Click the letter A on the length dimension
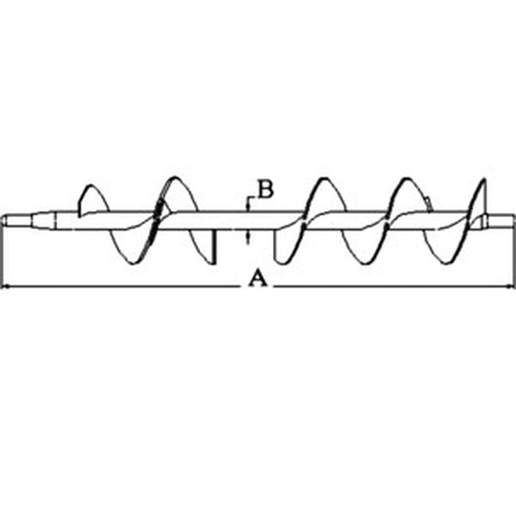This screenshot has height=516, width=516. point(257,278)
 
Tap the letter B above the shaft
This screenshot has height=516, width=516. point(265,189)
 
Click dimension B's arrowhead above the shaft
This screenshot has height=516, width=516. point(247,206)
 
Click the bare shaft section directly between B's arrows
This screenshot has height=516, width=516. point(248,220)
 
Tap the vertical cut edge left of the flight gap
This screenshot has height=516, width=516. point(214,247)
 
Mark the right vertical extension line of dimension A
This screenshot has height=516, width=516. point(513,252)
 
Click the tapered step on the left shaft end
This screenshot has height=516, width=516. point(44,220)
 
